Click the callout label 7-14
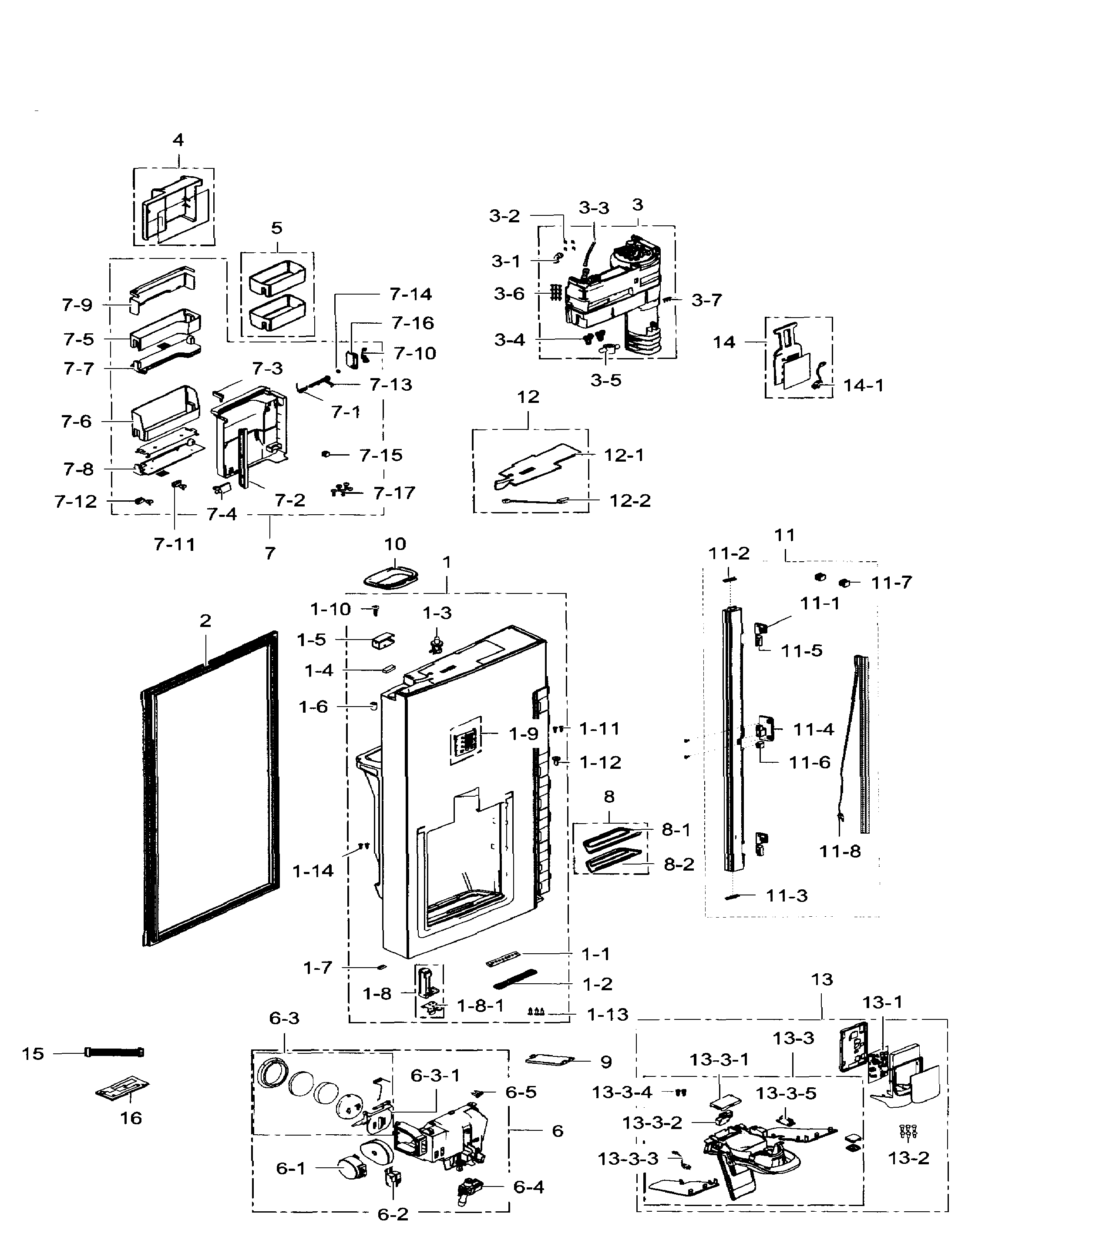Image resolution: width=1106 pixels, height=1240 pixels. (411, 294)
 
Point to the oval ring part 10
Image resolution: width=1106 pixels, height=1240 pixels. (393, 576)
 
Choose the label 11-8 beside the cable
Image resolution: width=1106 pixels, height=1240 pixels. (840, 851)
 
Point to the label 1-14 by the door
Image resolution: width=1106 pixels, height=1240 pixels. (313, 871)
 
